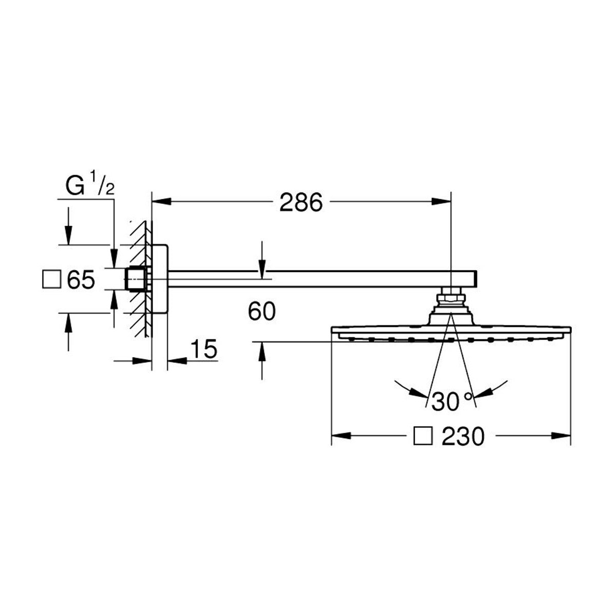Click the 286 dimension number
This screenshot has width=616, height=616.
pyautogui.click(x=301, y=202)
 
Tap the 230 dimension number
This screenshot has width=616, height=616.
pyautogui.click(x=463, y=437)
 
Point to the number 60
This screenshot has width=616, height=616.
pyautogui.click(x=261, y=312)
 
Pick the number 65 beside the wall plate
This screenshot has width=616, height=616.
pyautogui.click(x=81, y=279)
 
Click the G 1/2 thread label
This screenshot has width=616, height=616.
pyautogui.click(x=90, y=183)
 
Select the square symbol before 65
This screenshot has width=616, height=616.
pyautogui.click(x=51, y=279)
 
